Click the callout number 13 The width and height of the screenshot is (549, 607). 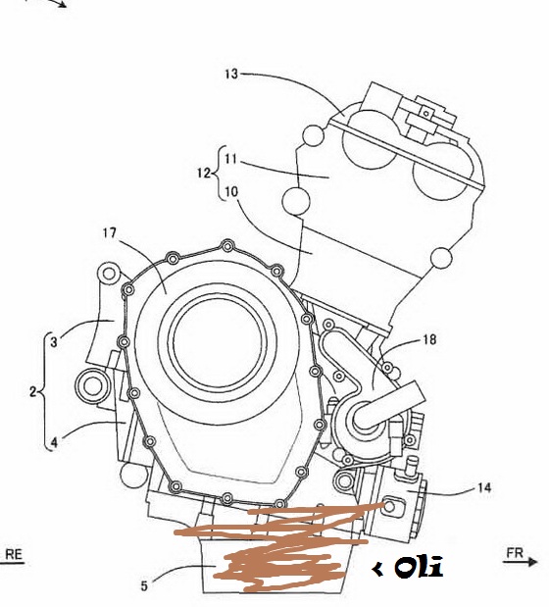point(231,74)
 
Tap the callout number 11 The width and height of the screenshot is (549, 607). point(230,159)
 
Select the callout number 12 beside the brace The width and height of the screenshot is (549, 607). point(204,173)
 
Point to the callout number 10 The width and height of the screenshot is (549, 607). point(231,191)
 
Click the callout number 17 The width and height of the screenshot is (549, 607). point(110,233)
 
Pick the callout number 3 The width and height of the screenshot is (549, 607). point(54,342)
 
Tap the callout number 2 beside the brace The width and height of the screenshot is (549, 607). point(33,392)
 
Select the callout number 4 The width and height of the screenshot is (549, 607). point(54,442)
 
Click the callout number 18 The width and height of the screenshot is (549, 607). point(429,339)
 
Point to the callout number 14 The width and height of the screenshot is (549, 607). point(484,487)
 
